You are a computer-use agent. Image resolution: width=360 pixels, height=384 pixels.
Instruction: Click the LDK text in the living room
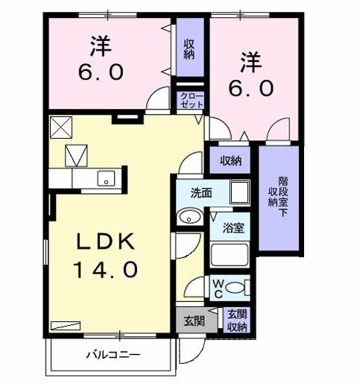click(x=104, y=242)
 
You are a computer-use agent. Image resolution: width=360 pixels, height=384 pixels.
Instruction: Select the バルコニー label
click(x=113, y=353)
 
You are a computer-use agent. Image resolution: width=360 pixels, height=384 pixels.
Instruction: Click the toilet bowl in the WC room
click(x=237, y=288)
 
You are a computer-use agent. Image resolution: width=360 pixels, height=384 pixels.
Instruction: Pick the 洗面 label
click(x=200, y=193)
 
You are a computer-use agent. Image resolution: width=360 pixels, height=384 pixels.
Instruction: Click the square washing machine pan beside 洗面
click(x=239, y=192)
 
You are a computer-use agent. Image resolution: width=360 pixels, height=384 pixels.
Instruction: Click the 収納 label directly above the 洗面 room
click(x=230, y=160)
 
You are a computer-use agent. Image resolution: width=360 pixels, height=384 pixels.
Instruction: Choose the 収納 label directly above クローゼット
click(x=189, y=49)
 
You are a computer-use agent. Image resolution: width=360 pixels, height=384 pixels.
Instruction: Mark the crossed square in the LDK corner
click(x=57, y=125)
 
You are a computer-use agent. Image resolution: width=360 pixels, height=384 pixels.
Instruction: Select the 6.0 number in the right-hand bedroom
click(x=253, y=86)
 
